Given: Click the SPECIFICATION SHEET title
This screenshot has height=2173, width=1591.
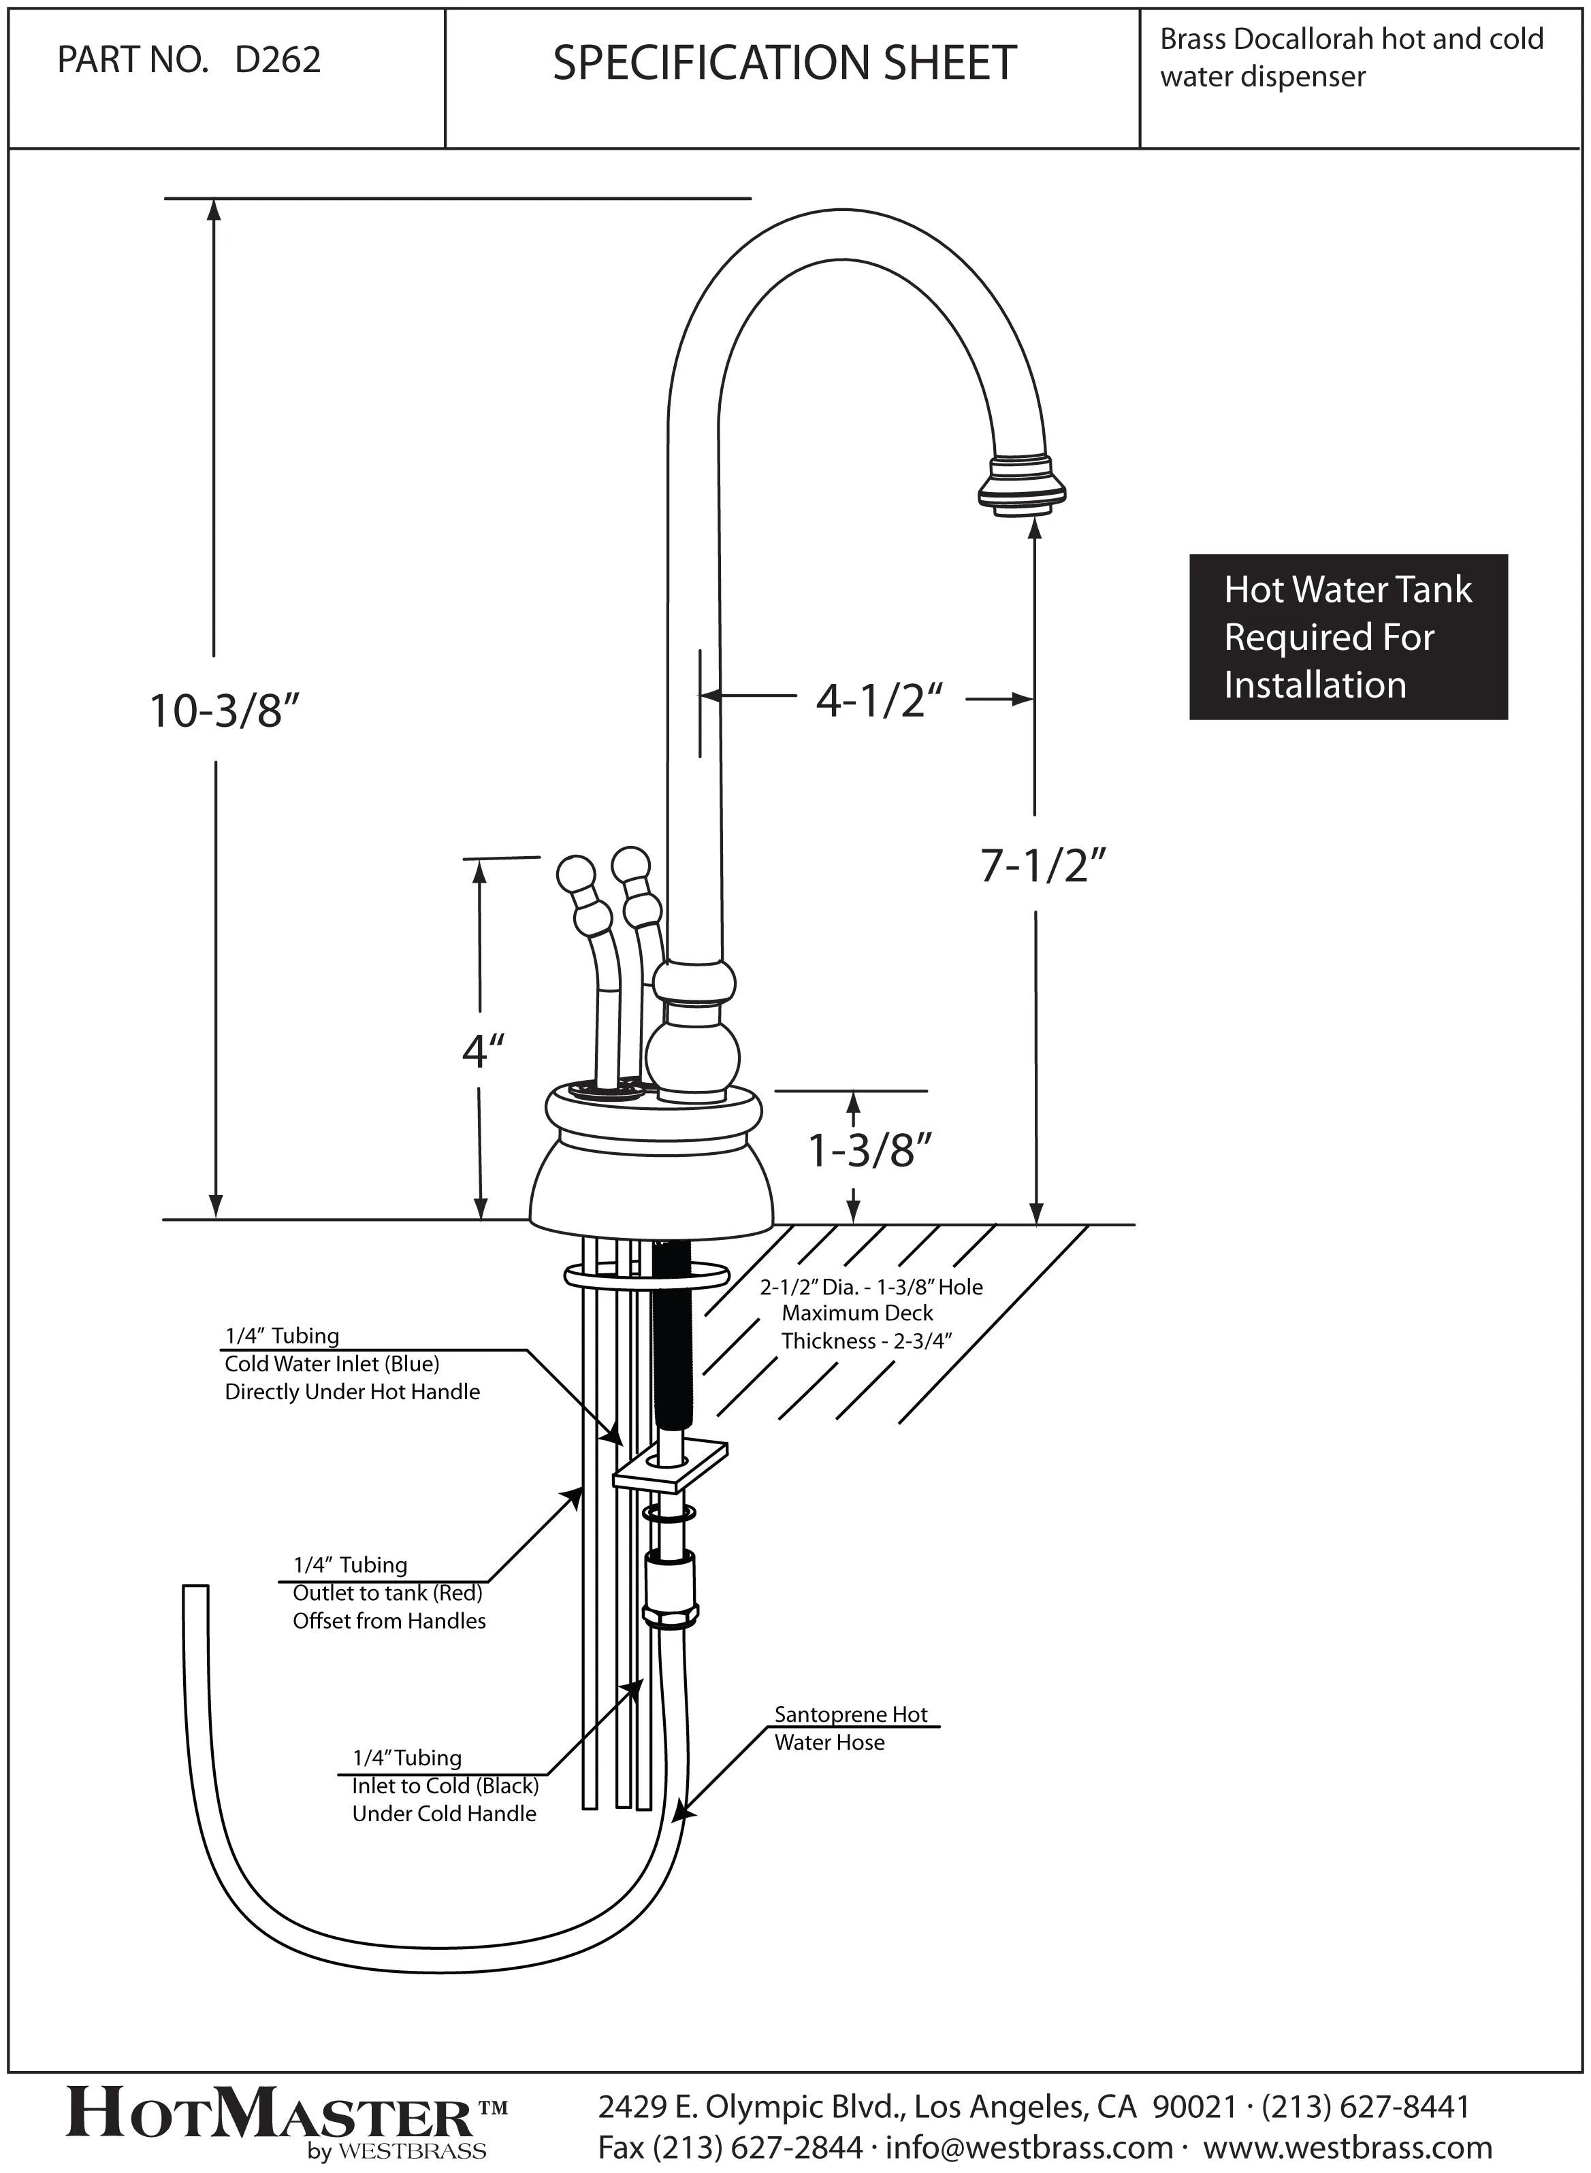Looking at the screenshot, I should pos(785,63).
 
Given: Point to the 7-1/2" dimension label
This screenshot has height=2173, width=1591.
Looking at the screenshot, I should pos(1041,866).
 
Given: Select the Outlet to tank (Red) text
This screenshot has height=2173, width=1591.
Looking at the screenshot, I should pos(387,1593).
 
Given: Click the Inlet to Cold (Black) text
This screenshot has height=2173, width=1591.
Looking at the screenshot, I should pos(445,1786).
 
